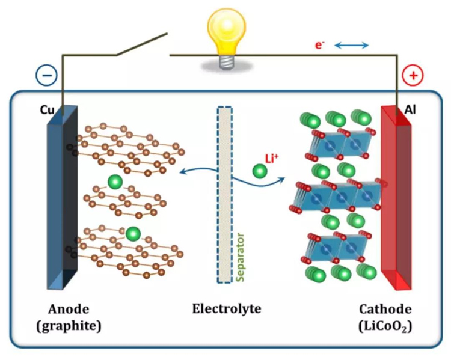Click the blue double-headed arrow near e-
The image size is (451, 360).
pos(350,46)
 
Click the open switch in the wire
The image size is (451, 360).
pos(141,46)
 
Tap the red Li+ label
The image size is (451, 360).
pos(273,158)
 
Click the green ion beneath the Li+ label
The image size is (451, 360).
pos(260,172)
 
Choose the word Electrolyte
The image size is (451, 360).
pos(226,310)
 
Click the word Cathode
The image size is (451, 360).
pos(385,310)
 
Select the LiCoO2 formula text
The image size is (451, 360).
pos(385,326)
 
